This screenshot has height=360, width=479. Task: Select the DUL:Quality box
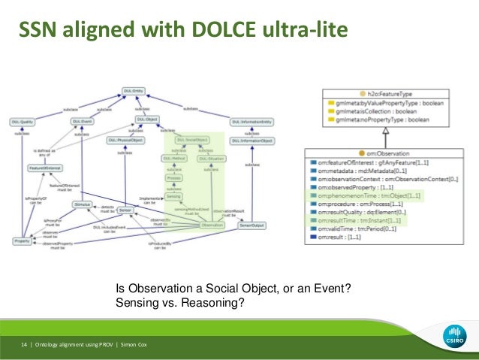pos(21,121)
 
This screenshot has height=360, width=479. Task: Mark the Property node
pos(21,241)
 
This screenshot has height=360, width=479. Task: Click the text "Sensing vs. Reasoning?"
pos(180,303)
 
